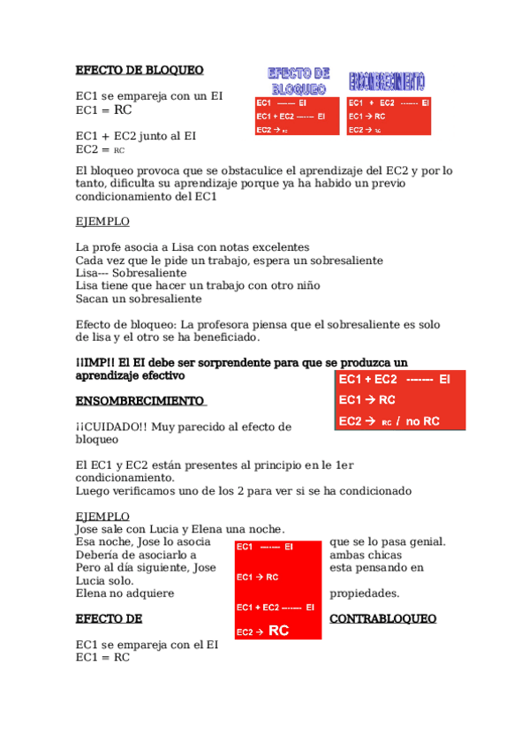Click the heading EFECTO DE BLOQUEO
(140, 70)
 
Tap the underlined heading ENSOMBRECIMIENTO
(140, 400)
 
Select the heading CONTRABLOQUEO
(382, 619)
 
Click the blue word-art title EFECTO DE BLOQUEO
(299, 81)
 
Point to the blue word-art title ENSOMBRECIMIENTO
(387, 82)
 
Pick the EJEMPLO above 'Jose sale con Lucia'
(102, 516)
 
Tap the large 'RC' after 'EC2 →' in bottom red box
(278, 631)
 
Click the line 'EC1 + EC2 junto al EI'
(136, 136)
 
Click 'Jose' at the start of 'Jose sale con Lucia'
(88, 529)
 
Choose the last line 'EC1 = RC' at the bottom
(102, 658)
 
